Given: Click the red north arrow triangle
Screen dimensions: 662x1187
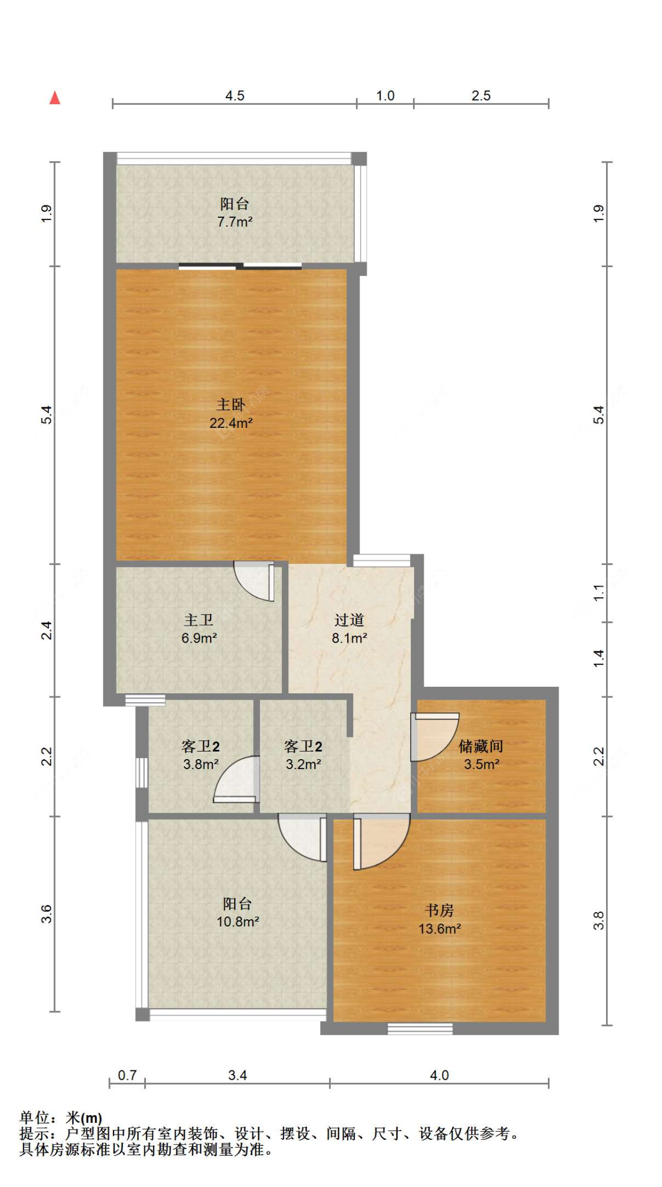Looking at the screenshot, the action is [x=55, y=98].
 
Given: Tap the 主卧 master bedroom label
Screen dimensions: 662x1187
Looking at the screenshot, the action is [x=231, y=404].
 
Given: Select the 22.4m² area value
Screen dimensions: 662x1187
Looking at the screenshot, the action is [x=231, y=423].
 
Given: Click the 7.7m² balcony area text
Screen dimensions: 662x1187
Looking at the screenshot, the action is [x=235, y=222].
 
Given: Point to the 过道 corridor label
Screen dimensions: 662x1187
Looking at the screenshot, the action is [x=350, y=620].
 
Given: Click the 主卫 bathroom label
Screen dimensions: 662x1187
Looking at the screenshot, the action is [x=199, y=620].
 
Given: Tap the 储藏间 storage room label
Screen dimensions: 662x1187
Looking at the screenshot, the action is [x=481, y=746].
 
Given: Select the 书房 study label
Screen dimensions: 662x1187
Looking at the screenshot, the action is [x=440, y=910].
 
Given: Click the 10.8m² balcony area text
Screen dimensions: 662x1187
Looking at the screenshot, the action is [x=238, y=922].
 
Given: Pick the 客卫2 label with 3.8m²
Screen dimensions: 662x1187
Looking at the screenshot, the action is [x=201, y=746].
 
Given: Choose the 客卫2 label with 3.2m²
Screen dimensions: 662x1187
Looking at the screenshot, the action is [x=303, y=746].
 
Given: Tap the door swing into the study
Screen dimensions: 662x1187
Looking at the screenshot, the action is [x=381, y=842].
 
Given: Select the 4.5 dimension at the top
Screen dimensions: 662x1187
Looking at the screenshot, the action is [x=235, y=96].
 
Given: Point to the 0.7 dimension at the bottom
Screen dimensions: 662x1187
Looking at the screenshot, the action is [x=127, y=1075].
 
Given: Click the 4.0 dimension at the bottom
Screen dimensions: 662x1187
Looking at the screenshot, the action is [x=439, y=1075].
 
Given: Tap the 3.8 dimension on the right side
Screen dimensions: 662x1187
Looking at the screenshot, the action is [x=598, y=920].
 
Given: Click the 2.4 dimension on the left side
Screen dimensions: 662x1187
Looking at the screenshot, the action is [x=46, y=630].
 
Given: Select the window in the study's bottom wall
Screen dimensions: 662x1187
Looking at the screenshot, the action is [x=420, y=1029].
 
